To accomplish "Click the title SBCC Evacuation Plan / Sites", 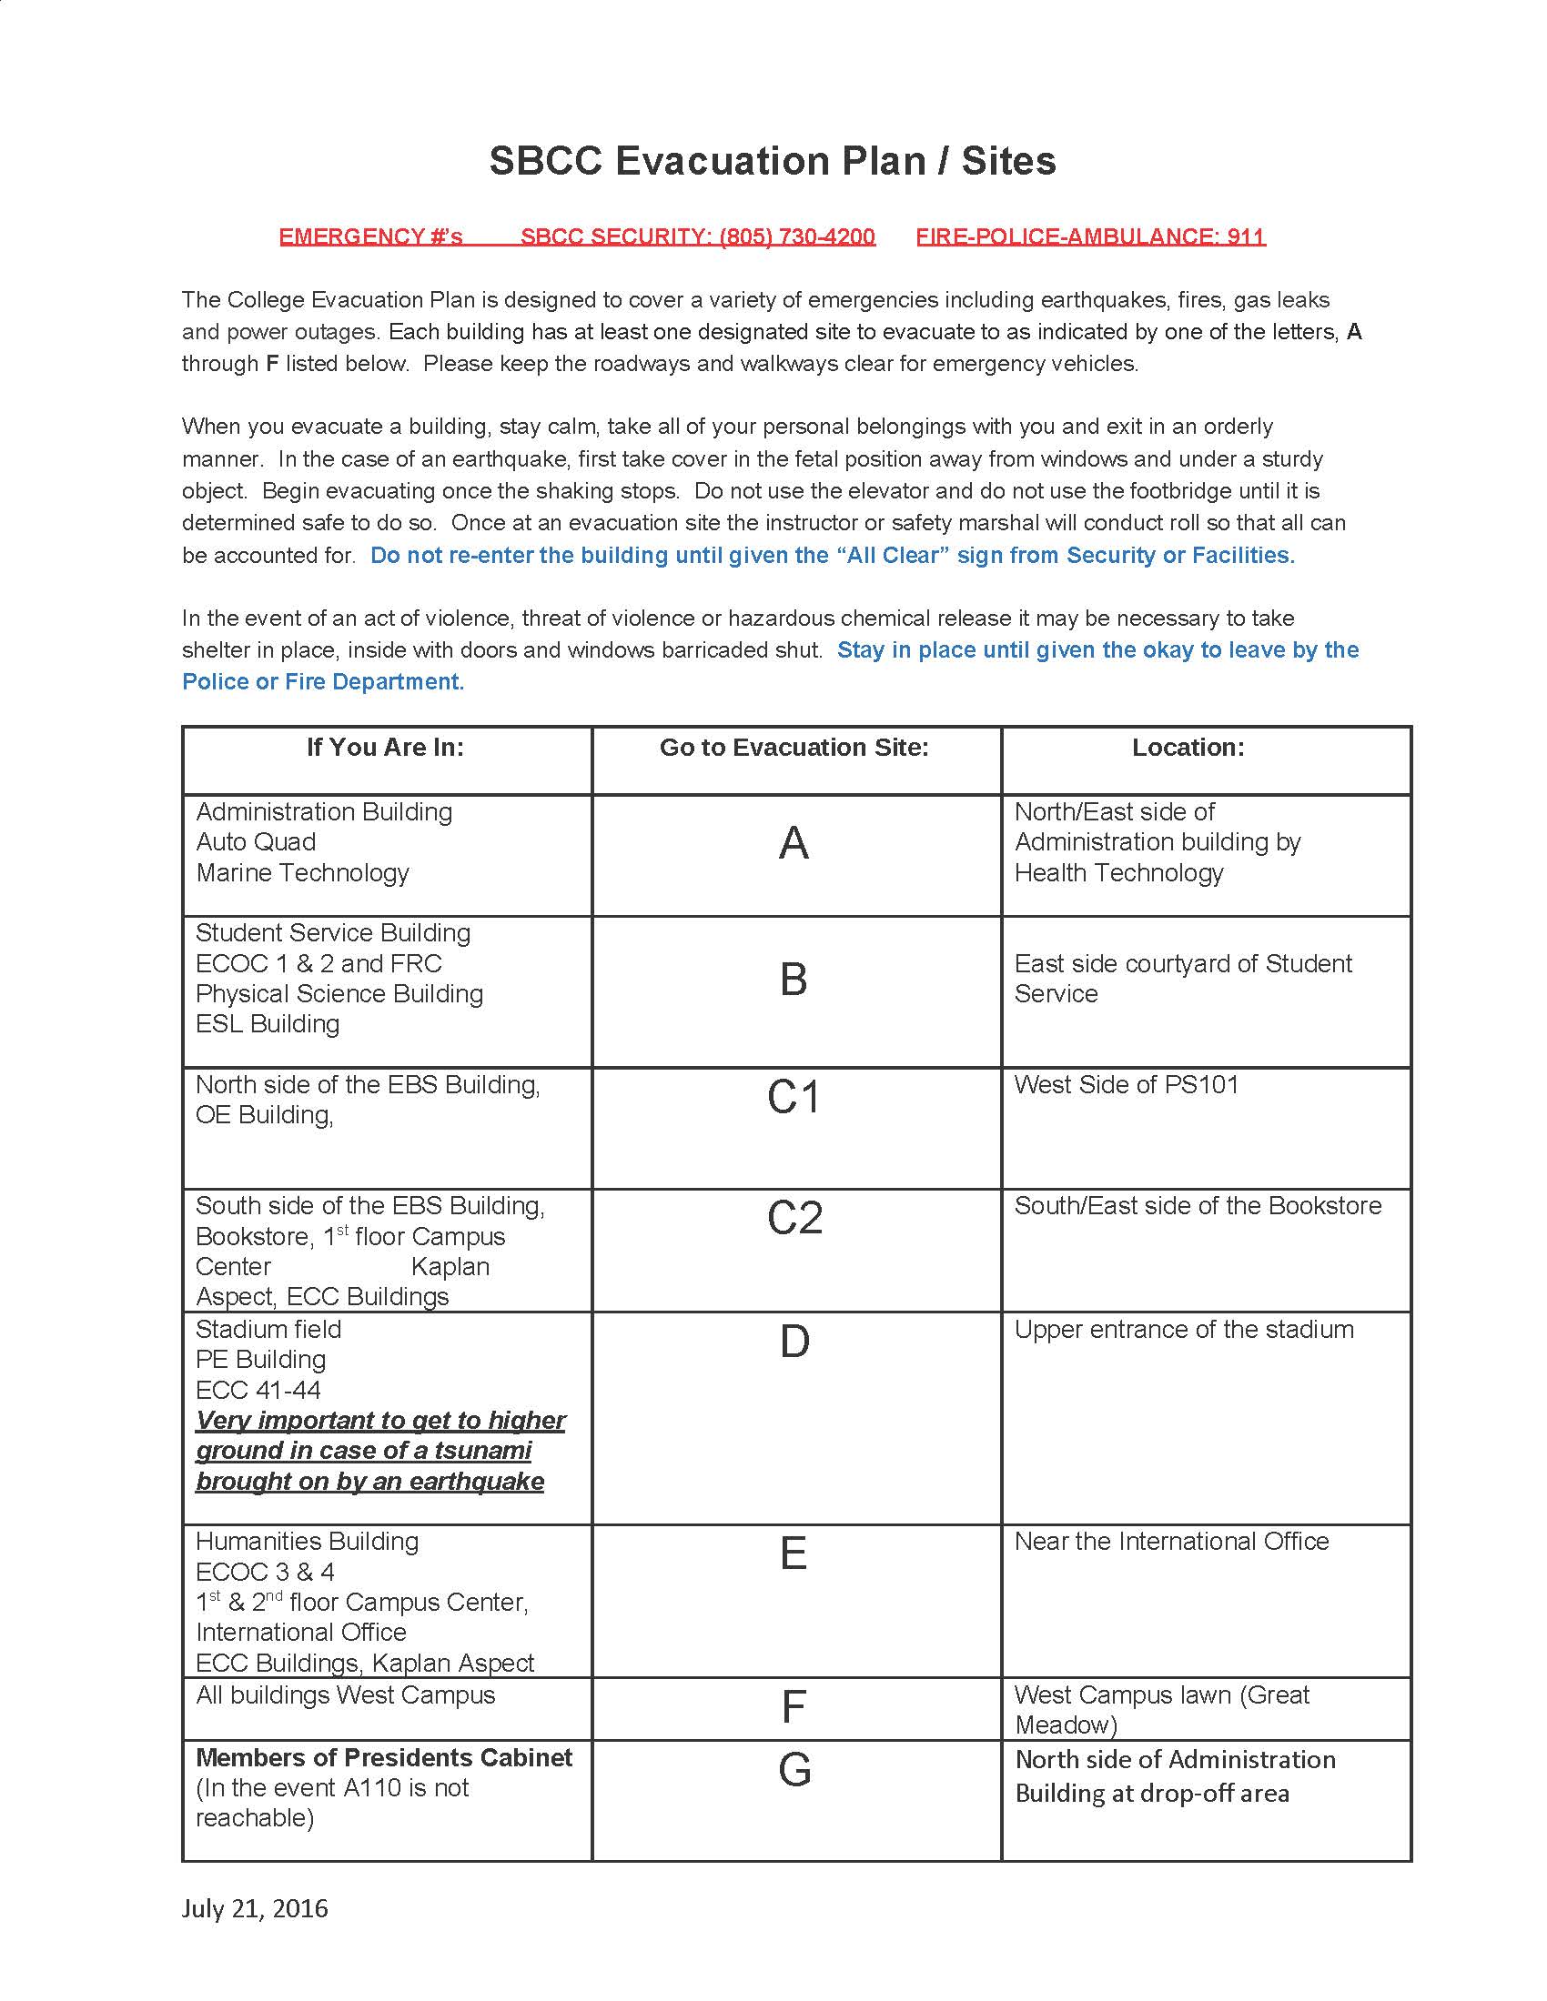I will point(772,161).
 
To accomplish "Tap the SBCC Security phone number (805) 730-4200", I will point(796,236).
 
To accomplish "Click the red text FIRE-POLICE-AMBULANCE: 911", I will point(1089,236).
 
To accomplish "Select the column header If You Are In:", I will point(385,748).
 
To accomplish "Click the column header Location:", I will point(1188,748).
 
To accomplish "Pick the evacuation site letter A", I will point(794,843).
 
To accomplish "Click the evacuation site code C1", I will point(794,1098).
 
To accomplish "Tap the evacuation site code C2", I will point(794,1219).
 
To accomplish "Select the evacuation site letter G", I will point(794,1770).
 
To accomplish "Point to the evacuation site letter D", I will point(794,1342).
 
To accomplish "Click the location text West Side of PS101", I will point(1126,1085).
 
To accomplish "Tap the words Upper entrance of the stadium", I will point(1183,1330).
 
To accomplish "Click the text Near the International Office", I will point(1170,1541).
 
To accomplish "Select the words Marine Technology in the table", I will point(302,873).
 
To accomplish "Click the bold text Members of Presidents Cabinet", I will point(383,1757).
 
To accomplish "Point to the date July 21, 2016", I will point(255,1908).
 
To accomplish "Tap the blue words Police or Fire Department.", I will point(323,681).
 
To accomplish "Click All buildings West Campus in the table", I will point(345,1695).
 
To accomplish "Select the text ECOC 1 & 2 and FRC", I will point(318,964).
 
